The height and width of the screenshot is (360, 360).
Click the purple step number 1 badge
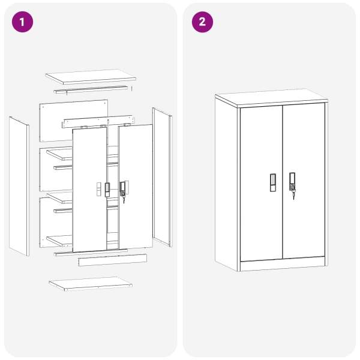coord(22,22)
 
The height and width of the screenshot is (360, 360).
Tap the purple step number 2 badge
coord(202,22)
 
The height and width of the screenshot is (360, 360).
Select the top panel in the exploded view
coord(91,77)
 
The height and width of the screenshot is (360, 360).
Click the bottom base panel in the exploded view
coord(91,284)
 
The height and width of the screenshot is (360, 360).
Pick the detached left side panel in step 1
coord(19,186)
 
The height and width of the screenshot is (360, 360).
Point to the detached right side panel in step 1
coord(162,177)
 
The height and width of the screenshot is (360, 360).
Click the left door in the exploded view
coord(89,190)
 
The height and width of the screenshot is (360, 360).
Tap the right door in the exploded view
coord(136,187)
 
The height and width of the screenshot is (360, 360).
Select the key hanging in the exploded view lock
coord(124,200)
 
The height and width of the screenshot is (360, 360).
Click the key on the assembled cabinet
coord(293,195)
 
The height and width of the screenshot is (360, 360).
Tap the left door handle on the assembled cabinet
coord(273,182)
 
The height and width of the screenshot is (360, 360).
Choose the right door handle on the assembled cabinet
coord(292,181)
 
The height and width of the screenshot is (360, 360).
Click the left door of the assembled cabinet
coord(261,183)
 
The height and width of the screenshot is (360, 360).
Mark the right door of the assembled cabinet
coord(304,181)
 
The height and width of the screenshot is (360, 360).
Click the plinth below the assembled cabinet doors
coord(283,264)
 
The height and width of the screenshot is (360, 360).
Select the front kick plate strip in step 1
coord(113,260)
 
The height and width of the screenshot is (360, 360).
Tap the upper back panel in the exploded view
coord(74,121)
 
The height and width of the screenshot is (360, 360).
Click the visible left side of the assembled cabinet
coord(226,183)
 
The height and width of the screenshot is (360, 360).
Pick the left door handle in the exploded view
coord(107,190)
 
